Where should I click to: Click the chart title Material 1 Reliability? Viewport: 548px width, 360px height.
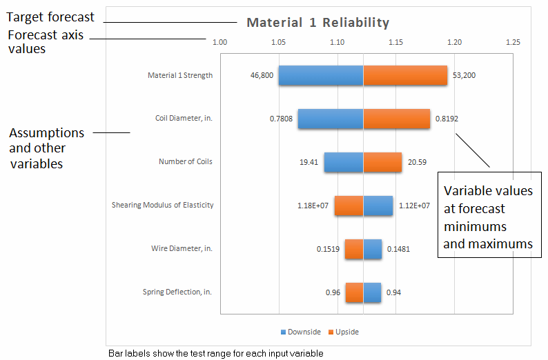(x=317, y=23)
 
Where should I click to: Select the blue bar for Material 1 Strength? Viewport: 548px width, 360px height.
(x=321, y=75)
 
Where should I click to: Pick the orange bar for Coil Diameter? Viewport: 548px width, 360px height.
(x=396, y=119)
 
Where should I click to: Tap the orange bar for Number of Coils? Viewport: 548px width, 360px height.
(x=382, y=162)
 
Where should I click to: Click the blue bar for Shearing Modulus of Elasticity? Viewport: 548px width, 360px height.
(x=378, y=205)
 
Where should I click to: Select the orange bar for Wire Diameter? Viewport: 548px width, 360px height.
(x=354, y=249)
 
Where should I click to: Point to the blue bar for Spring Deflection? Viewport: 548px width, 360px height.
(x=372, y=292)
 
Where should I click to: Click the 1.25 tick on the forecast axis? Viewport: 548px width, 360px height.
(x=512, y=43)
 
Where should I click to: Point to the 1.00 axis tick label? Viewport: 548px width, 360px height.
(x=219, y=43)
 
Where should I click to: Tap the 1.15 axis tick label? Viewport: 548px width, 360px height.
(x=395, y=43)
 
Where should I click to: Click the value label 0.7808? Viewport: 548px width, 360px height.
(x=280, y=119)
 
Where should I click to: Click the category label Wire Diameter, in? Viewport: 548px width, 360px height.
(x=182, y=248)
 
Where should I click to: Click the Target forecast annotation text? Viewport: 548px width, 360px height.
(x=50, y=17)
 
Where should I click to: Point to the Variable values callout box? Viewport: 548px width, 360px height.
(x=488, y=217)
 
